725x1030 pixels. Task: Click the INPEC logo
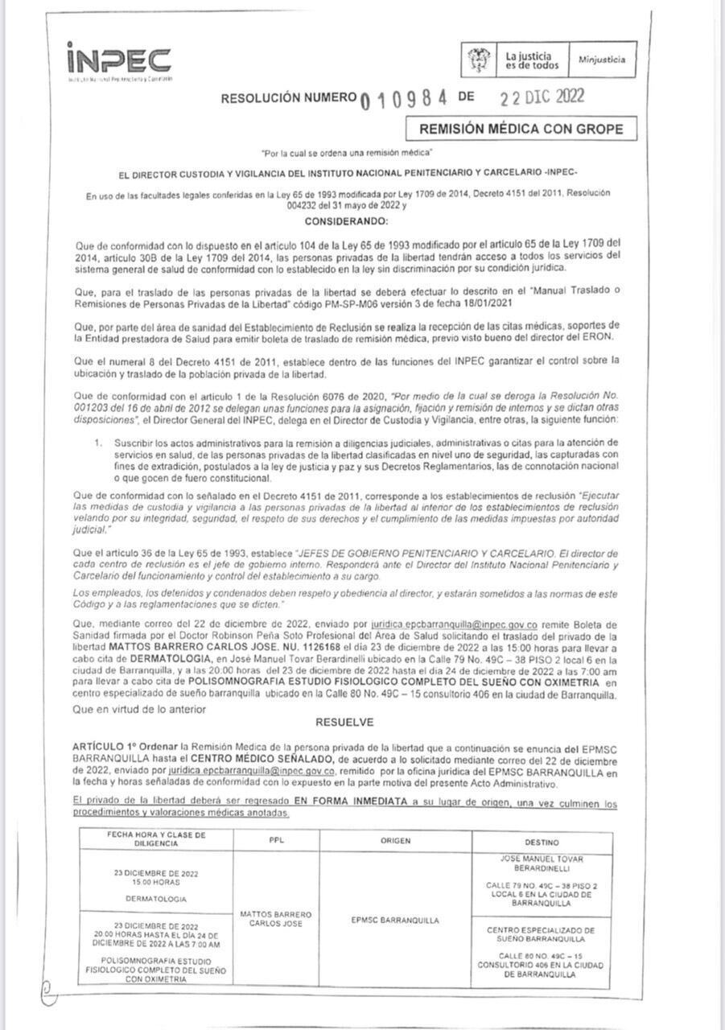coord(118,60)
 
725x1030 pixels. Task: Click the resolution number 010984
coord(404,99)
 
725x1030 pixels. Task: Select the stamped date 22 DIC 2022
coord(541,97)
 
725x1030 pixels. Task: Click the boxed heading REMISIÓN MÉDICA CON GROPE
coord(514,129)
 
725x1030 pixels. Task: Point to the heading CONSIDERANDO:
coord(346,220)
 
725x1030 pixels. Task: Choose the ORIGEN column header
coord(395,841)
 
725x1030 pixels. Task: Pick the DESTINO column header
coord(541,842)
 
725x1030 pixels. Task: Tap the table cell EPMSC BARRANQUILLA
coord(395,920)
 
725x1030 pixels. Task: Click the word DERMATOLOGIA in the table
coord(156,898)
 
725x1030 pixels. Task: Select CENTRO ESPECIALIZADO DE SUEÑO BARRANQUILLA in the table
coord(541,933)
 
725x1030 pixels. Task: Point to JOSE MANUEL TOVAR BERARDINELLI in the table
coord(541,863)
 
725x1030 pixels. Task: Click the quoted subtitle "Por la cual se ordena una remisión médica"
coord(348,152)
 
